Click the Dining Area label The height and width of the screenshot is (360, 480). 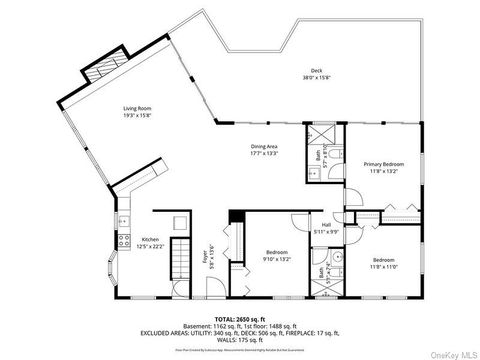(x=264, y=150)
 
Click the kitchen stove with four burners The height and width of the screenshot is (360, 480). (x=124, y=240)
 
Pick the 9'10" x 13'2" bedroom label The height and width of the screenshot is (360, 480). (x=278, y=255)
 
